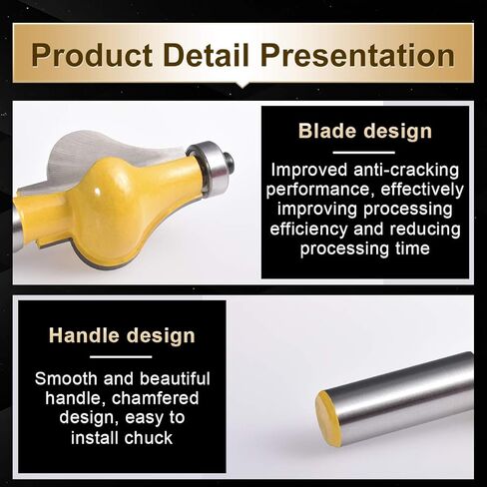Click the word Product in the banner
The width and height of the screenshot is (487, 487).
pos(92,55)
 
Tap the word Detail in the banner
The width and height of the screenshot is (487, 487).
pos(207,55)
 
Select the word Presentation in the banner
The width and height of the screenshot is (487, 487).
pos(358,55)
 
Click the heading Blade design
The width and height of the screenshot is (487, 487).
pos(365,131)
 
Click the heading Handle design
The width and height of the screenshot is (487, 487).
pos(122,335)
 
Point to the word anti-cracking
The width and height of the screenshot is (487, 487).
pos(406,170)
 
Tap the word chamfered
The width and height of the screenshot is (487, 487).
pos(155,398)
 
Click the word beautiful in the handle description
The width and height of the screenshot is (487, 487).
pos(175,378)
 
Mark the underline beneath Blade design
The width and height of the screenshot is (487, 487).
pos(364,153)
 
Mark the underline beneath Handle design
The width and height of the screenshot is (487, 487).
pos(121,357)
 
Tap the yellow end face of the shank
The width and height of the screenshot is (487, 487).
pos(328,418)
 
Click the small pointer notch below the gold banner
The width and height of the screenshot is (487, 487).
pos(243,85)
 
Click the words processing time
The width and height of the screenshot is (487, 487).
pos(365,248)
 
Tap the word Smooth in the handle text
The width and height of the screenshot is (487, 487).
pos(66,378)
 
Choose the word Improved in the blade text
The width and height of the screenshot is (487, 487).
pos(309,170)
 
